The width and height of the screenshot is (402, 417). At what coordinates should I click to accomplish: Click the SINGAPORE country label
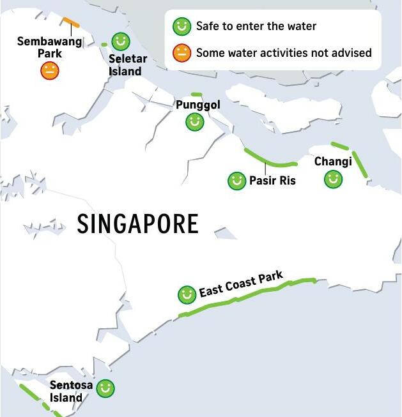point(137,224)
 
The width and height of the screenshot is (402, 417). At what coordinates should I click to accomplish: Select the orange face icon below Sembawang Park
point(50,70)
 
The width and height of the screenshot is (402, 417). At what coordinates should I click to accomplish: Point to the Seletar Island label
point(127,65)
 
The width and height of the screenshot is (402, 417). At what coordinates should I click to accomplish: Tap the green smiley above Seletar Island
point(121,42)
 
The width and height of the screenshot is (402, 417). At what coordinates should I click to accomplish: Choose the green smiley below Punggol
point(195,122)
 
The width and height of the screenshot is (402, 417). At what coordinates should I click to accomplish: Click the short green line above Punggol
point(196,95)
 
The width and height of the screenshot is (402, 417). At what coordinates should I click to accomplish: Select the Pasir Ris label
point(272,181)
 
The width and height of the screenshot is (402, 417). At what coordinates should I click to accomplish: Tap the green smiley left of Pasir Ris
point(237,181)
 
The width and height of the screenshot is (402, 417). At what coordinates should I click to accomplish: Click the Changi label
point(333,162)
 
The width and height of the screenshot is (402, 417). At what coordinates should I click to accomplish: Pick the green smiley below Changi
point(333,179)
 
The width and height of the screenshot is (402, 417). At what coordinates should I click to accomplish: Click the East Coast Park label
point(241,285)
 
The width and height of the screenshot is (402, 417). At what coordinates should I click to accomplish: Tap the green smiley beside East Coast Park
point(187,294)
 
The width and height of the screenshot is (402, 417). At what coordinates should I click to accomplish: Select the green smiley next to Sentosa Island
point(105,388)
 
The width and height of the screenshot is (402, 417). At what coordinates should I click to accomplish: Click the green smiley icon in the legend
point(182,26)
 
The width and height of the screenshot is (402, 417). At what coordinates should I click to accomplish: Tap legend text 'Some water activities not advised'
point(284,53)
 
